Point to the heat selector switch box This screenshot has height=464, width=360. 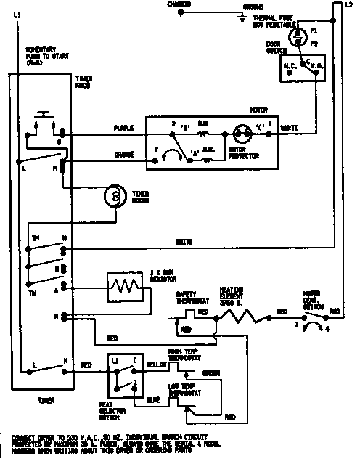(123, 373)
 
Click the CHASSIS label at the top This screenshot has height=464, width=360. (179, 4)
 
